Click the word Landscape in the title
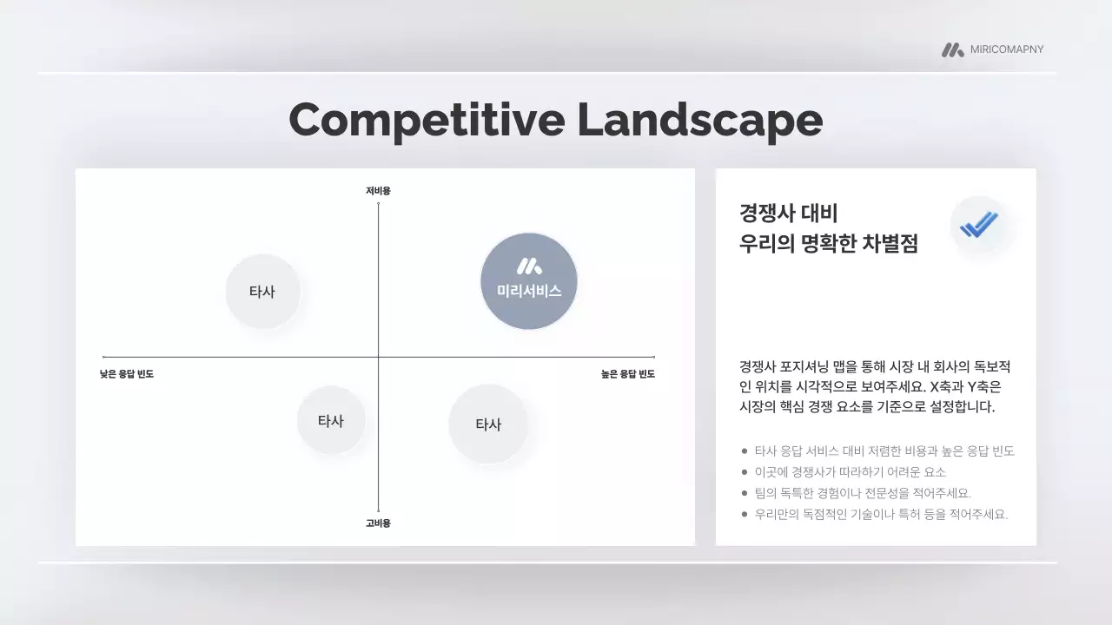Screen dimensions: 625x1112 (699, 120)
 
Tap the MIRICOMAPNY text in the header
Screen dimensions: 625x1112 (1007, 49)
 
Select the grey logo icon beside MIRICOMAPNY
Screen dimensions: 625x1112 (952, 50)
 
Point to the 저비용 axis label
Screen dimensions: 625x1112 (378, 190)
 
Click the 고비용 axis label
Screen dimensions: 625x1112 (378, 523)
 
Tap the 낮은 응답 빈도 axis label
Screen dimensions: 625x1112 (127, 374)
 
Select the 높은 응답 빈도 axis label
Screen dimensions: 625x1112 (628, 374)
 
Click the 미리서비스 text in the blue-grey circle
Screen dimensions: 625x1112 (529, 292)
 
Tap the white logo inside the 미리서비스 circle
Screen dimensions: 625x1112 (529, 266)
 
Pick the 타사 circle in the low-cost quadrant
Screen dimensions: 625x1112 (262, 292)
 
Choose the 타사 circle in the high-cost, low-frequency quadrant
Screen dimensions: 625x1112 (331, 421)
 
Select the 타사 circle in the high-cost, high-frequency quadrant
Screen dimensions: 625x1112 (488, 424)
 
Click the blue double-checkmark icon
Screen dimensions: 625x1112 (979, 226)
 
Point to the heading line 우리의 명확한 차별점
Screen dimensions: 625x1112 (828, 243)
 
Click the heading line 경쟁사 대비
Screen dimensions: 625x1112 (788, 214)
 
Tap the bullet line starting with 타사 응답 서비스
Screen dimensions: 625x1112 (884, 451)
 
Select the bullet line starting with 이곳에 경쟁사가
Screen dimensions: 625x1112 (850, 472)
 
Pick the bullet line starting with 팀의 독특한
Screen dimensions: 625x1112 (863, 493)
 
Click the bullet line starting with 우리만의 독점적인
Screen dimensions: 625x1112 (881, 514)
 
